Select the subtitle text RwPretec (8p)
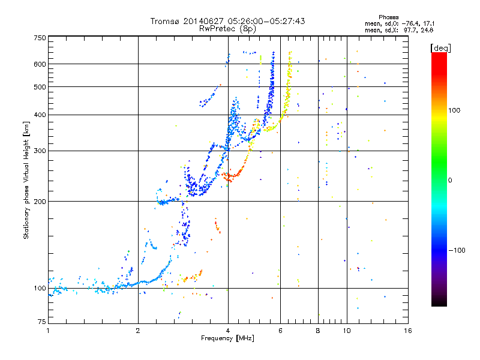227,29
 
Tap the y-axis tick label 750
40,38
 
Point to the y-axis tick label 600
40,64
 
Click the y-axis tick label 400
40,115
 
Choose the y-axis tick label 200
40,202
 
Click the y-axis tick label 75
42,322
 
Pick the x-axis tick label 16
408,331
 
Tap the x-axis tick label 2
138,331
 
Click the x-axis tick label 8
318,331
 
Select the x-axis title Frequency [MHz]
227,338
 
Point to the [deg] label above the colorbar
440,48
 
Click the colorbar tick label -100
457,250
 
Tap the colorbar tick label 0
450,181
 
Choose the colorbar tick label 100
454,110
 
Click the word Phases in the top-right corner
388,17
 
